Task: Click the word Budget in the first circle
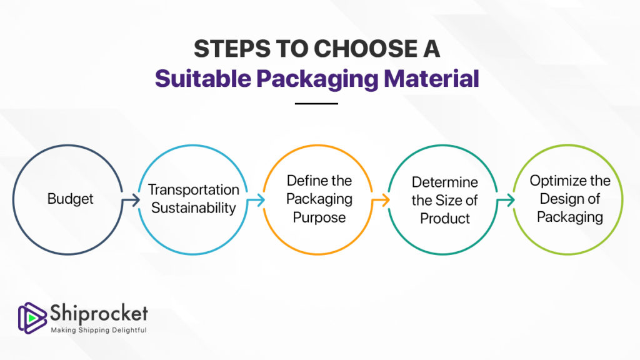click(x=70, y=199)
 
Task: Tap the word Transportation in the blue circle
click(x=194, y=189)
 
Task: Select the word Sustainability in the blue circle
click(x=194, y=207)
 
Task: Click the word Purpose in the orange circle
click(x=319, y=217)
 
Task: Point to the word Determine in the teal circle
click(x=444, y=182)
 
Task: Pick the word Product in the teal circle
click(x=445, y=218)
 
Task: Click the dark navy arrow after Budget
click(x=131, y=200)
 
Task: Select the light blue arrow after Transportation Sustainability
click(x=256, y=200)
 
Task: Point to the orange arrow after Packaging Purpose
click(x=381, y=200)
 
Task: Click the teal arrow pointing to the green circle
click(x=506, y=200)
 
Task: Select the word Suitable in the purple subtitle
click(x=203, y=78)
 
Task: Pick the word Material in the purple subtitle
click(x=431, y=78)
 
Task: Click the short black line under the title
click(x=316, y=104)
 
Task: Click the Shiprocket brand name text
click(x=99, y=314)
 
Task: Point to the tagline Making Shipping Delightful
click(x=99, y=330)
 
